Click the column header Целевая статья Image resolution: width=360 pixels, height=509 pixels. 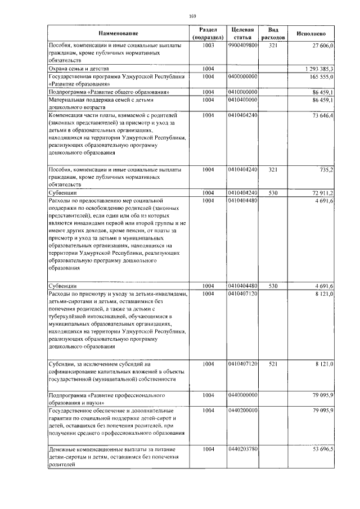(242, 33)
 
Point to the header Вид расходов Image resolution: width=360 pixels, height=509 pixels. (273, 33)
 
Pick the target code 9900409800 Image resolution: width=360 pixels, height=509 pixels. (243, 45)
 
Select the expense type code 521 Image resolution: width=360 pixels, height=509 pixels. (273, 364)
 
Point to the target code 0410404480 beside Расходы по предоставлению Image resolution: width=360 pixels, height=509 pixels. (243, 200)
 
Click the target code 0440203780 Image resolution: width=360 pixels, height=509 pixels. (243, 450)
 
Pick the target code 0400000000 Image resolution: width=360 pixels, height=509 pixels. (243, 76)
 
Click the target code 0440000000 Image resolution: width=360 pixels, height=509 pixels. (243, 395)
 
